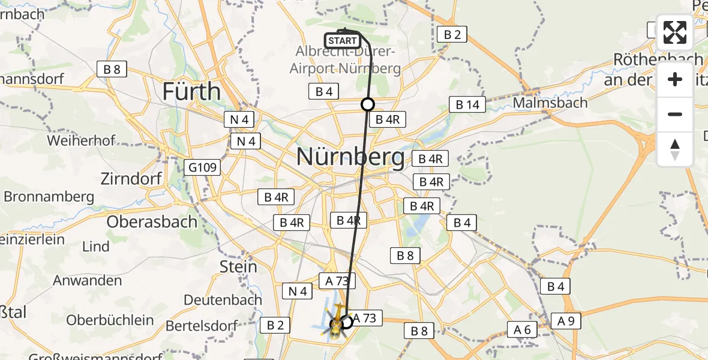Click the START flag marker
342,41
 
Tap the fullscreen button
675,32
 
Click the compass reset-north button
675,149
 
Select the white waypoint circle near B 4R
368,104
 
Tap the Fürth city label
192,92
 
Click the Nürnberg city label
351,157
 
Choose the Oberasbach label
152,221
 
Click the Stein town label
239,266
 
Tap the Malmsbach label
550,103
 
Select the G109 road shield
202,167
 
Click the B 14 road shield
467,105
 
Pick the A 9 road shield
566,321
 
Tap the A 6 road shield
523,329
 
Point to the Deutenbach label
223,299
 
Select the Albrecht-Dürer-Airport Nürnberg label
345,60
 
